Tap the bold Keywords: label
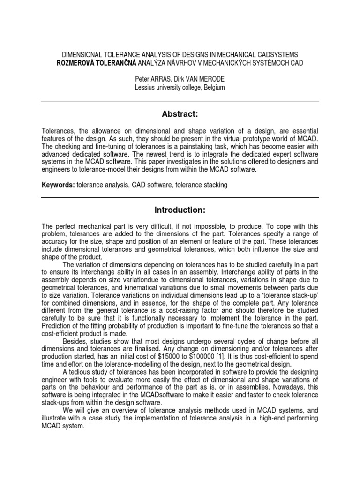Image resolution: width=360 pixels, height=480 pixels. click(57, 185)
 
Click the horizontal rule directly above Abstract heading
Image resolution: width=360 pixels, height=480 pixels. click(180, 101)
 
